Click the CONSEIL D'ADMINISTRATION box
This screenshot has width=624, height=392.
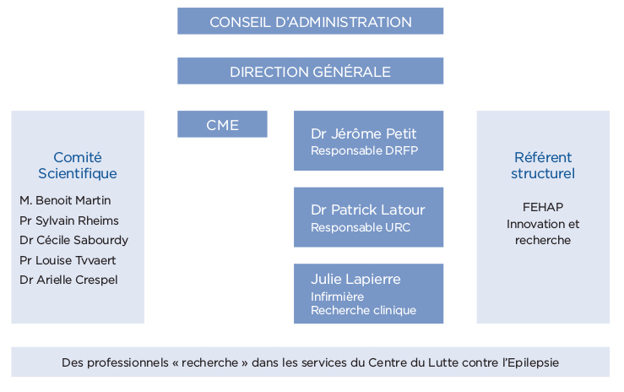coord(311,21)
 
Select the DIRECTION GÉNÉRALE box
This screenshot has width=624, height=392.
coord(311,71)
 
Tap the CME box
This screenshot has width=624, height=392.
coord(222,124)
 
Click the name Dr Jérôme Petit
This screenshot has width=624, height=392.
coord(363,133)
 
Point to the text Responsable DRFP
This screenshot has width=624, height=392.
coord(364,151)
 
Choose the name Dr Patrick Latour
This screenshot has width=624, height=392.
coord(367,210)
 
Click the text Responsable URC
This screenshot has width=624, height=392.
coord(361,227)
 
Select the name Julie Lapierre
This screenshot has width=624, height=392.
coord(355,279)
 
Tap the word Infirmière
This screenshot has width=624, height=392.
coord(338,297)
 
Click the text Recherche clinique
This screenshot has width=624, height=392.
coord(363,310)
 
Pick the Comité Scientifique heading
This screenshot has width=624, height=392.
coord(78,166)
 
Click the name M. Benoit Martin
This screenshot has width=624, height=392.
coord(65,200)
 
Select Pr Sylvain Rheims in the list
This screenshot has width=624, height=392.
coord(69,220)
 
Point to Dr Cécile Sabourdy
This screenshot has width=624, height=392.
coord(74,241)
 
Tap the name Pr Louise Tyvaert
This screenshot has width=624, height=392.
coord(68,260)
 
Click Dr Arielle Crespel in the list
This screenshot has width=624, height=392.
coord(69,280)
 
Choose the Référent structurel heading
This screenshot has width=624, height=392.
coord(543,166)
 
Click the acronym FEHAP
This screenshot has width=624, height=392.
coord(543,207)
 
